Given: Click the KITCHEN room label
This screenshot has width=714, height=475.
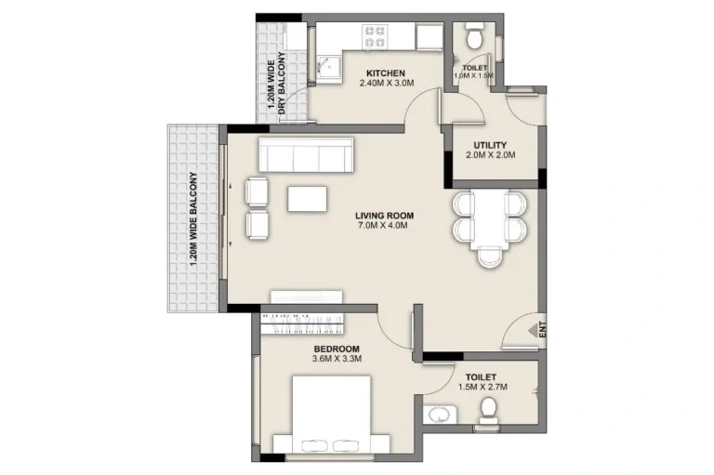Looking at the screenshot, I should (385, 73).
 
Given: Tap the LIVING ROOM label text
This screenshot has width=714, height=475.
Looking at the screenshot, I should (384, 216).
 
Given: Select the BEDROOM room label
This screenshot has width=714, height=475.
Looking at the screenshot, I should (336, 349).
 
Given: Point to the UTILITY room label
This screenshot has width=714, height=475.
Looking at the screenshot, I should (489, 145).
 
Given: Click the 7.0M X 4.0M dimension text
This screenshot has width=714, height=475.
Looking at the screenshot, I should (384, 226).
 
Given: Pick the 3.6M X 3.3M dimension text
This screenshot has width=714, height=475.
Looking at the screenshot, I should (336, 359).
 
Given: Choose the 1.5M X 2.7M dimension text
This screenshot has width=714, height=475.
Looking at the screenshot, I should (482, 387).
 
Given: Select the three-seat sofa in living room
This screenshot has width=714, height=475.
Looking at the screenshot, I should (306, 154).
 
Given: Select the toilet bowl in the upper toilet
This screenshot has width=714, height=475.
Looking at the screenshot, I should (473, 37).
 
